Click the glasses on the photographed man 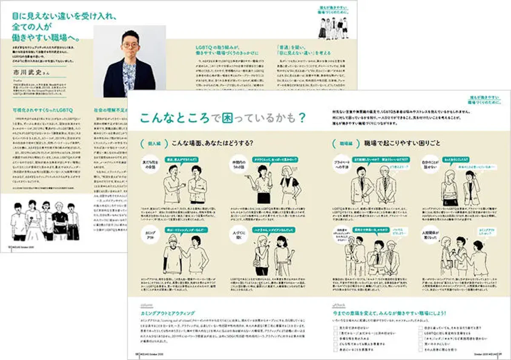(x=129, y=45)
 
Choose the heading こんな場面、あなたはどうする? (x=211, y=143)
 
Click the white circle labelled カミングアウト (x=150, y=235)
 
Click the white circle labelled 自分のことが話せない (x=430, y=164)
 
